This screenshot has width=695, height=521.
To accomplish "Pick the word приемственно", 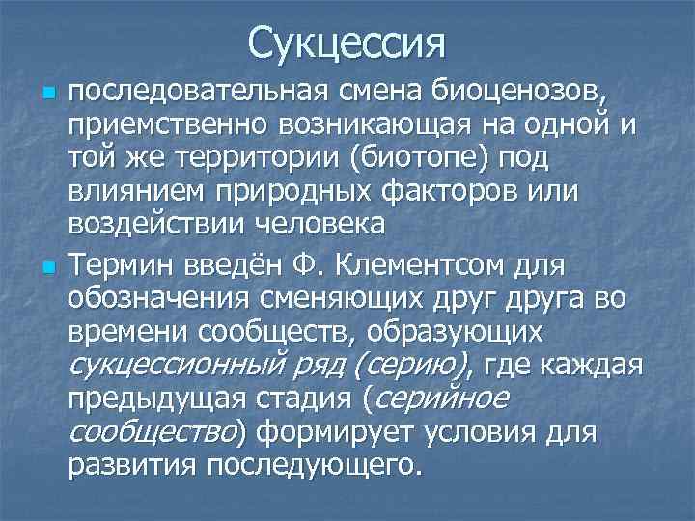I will [x=167, y=124].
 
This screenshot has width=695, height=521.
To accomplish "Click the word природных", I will [x=298, y=190].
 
